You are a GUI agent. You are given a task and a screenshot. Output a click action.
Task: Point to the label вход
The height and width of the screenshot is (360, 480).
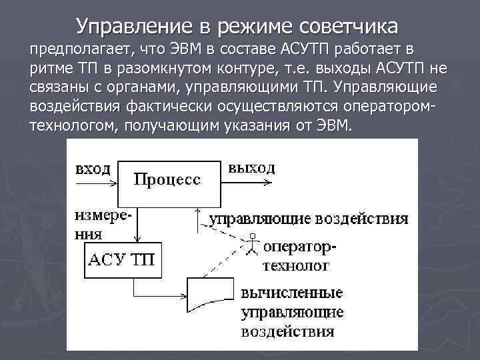[x=93, y=168]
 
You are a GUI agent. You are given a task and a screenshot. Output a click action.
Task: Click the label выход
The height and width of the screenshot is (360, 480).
[x=251, y=167]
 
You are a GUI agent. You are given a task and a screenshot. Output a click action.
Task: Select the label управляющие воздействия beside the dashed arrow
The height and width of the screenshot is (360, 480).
[x=309, y=219]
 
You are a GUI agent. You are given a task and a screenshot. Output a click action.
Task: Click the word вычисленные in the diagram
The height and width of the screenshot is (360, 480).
[x=292, y=293]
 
